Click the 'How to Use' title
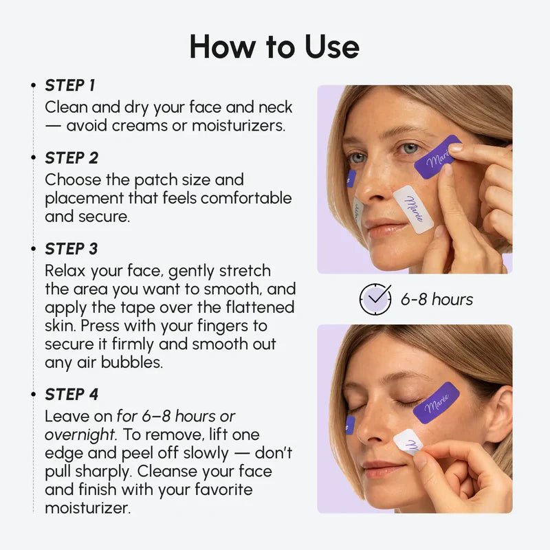(274, 47)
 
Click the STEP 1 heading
(69, 86)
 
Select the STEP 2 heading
(71, 158)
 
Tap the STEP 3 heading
(71, 249)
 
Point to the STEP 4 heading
(71, 395)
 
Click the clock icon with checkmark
(375, 299)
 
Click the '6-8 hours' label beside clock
(437, 300)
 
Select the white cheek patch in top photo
(413, 208)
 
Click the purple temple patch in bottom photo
(436, 403)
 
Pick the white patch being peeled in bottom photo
(408, 441)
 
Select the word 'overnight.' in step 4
(79, 435)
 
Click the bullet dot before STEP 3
(34, 249)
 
